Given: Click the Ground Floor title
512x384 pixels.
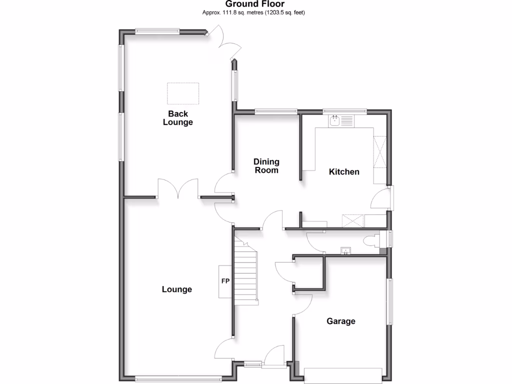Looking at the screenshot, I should [254, 4].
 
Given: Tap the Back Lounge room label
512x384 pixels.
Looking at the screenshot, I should [177, 118].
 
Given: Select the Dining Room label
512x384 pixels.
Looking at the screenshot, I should [266, 166].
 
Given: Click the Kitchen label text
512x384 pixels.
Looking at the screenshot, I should [344, 172].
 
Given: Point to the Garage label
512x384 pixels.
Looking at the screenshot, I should [341, 321].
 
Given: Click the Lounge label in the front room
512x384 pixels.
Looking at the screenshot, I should [177, 289].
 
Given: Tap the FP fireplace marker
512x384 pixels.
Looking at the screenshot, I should [225, 281].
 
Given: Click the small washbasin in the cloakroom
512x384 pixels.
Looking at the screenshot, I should [344, 250].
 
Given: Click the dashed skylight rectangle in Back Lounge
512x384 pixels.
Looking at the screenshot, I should [182, 93].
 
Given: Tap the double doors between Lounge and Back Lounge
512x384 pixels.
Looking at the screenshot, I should [178, 190].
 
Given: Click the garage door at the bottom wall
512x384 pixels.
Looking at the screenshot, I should [342, 375].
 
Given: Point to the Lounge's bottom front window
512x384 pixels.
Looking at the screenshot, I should [178, 377].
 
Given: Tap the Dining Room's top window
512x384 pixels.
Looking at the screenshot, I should [274, 111].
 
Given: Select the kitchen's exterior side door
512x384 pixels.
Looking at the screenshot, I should [390, 198].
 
